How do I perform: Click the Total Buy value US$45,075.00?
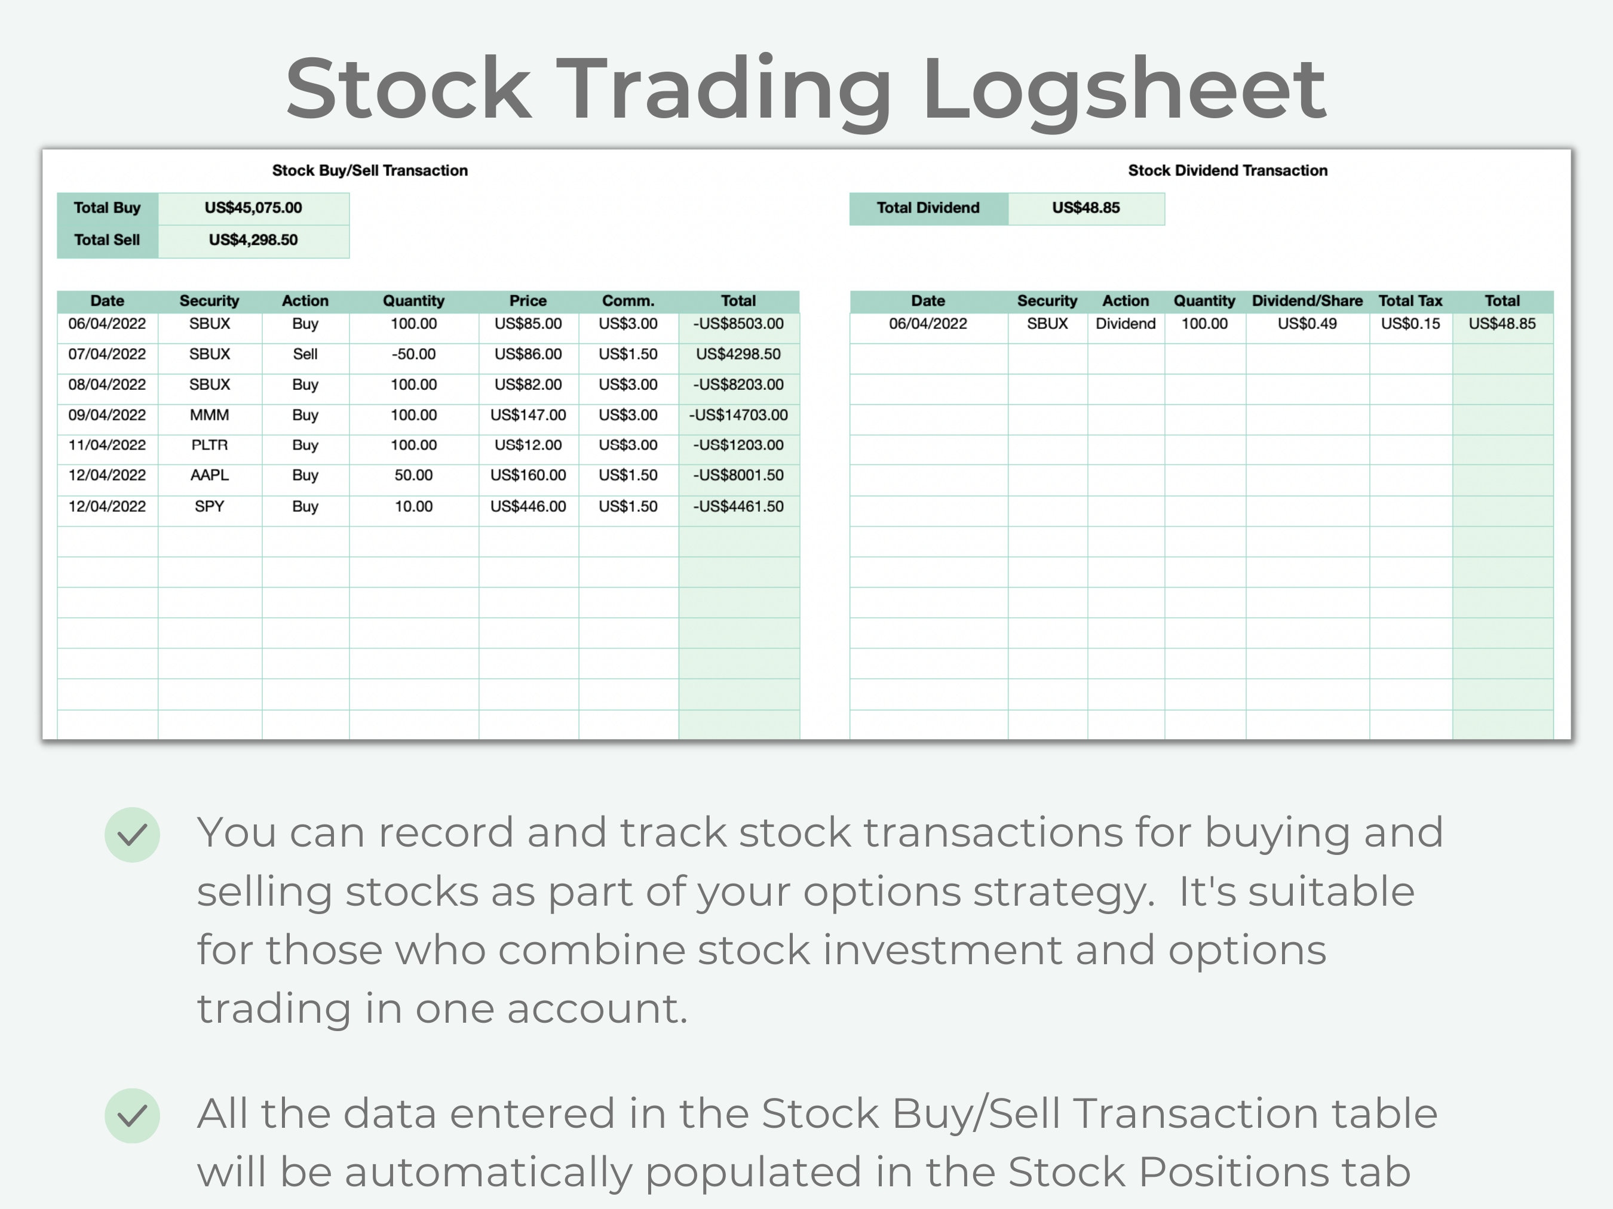point(253,208)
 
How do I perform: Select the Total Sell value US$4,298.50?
point(253,240)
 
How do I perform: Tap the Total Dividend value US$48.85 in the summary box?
point(1085,208)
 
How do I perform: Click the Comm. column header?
point(628,301)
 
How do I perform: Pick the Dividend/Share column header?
point(1307,301)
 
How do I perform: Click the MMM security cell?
point(209,416)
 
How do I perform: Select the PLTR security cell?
point(209,445)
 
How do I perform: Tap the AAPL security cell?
point(209,475)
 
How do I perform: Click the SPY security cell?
point(209,506)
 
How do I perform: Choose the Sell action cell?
point(305,354)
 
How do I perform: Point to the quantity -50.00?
point(413,354)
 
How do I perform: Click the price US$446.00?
point(528,506)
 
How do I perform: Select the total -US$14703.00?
point(738,416)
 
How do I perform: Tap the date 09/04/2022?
point(107,416)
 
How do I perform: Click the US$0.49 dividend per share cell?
point(1307,324)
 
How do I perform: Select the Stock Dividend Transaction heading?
point(1227,171)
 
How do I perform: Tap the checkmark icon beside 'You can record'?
point(132,835)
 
